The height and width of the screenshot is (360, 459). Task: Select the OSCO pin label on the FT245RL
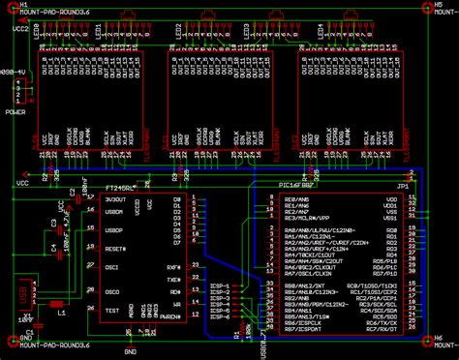click(x=112, y=291)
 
